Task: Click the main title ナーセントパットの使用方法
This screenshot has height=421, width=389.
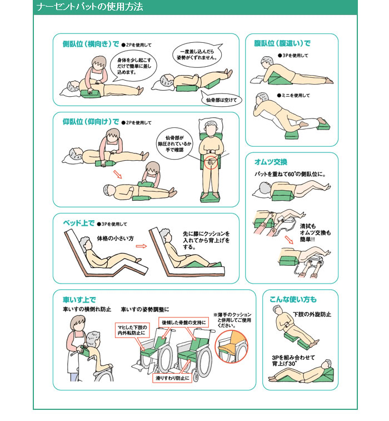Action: pos(89,7)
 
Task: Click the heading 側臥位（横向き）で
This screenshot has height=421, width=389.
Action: pos(91,44)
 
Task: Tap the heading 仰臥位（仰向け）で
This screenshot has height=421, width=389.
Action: pos(91,122)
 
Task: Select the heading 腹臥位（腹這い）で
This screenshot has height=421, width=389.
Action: pos(282,43)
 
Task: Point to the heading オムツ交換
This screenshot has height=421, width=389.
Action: pos(271,162)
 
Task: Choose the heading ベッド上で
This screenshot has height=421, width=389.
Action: pos(78,223)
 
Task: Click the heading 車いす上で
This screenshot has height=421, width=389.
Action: pos(79,300)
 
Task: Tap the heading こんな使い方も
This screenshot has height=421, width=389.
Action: pos(293,299)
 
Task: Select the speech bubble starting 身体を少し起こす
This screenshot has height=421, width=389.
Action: pos(133,67)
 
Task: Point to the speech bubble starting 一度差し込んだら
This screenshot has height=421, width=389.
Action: pos(197,55)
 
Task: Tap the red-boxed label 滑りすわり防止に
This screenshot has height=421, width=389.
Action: pos(172,378)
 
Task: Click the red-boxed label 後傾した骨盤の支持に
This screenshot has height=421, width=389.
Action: pos(184,323)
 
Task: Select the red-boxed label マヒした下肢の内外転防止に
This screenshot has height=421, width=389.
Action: pos(132,330)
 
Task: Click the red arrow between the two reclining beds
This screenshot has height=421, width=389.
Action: pos(141,246)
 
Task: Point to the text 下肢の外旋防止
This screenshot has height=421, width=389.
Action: pos(312,314)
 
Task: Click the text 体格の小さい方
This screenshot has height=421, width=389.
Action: pos(115,239)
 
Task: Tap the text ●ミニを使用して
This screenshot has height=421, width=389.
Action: pos(293,95)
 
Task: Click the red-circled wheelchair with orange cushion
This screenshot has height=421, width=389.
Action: pos(232,346)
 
